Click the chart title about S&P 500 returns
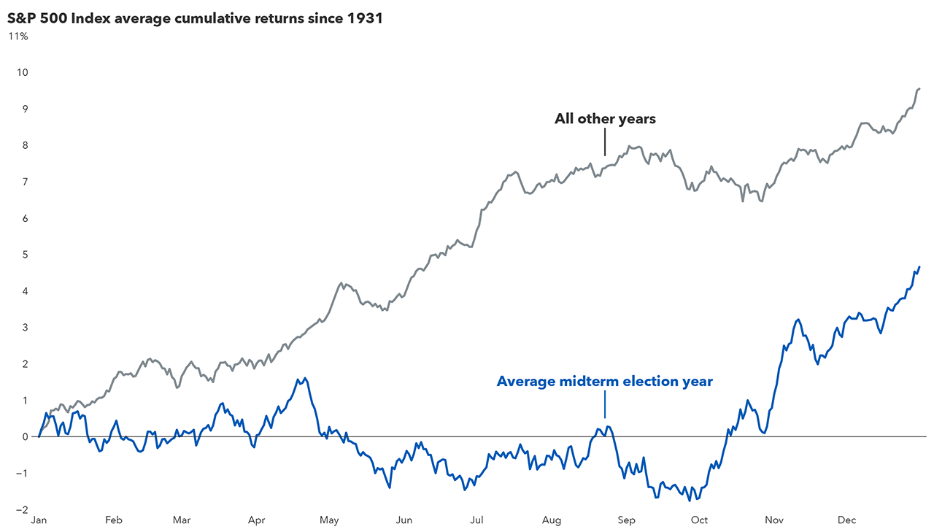click(x=195, y=18)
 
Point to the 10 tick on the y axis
click(x=23, y=72)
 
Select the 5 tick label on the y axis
click(x=25, y=255)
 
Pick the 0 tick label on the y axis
click(x=25, y=437)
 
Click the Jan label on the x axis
click(x=38, y=520)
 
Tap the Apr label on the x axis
click(x=256, y=520)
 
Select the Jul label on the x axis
click(x=476, y=520)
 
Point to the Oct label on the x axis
click(x=699, y=520)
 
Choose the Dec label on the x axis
click(x=846, y=520)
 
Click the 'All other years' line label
click(x=605, y=119)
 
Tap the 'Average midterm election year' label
click(x=604, y=381)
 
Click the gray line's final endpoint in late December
click(x=919, y=88)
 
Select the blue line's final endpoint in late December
click(x=919, y=267)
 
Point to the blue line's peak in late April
click(x=304, y=378)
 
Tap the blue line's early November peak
click(x=798, y=320)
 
